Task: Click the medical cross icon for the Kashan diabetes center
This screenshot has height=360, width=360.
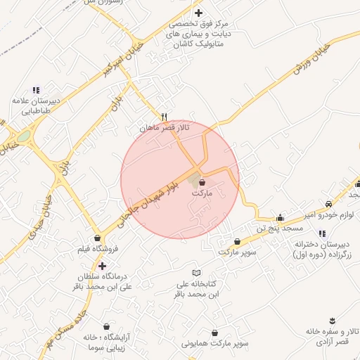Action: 198,13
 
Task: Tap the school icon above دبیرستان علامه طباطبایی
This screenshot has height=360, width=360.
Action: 37,90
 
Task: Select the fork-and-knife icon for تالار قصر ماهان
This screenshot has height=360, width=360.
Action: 164,117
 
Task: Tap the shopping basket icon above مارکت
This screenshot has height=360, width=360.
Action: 202,182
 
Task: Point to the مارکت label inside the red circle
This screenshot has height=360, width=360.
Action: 201,193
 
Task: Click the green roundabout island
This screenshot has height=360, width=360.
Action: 24,136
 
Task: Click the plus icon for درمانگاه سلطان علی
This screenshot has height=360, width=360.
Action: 103,266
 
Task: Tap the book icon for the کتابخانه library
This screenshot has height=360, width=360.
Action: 197,273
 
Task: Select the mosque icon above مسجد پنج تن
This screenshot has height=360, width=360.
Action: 280,217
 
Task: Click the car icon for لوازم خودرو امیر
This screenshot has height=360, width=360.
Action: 328,202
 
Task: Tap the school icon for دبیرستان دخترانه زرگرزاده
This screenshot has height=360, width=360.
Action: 322,233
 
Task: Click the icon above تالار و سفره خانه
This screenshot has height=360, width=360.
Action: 332,320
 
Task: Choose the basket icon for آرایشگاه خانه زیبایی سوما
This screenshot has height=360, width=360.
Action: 106,327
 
